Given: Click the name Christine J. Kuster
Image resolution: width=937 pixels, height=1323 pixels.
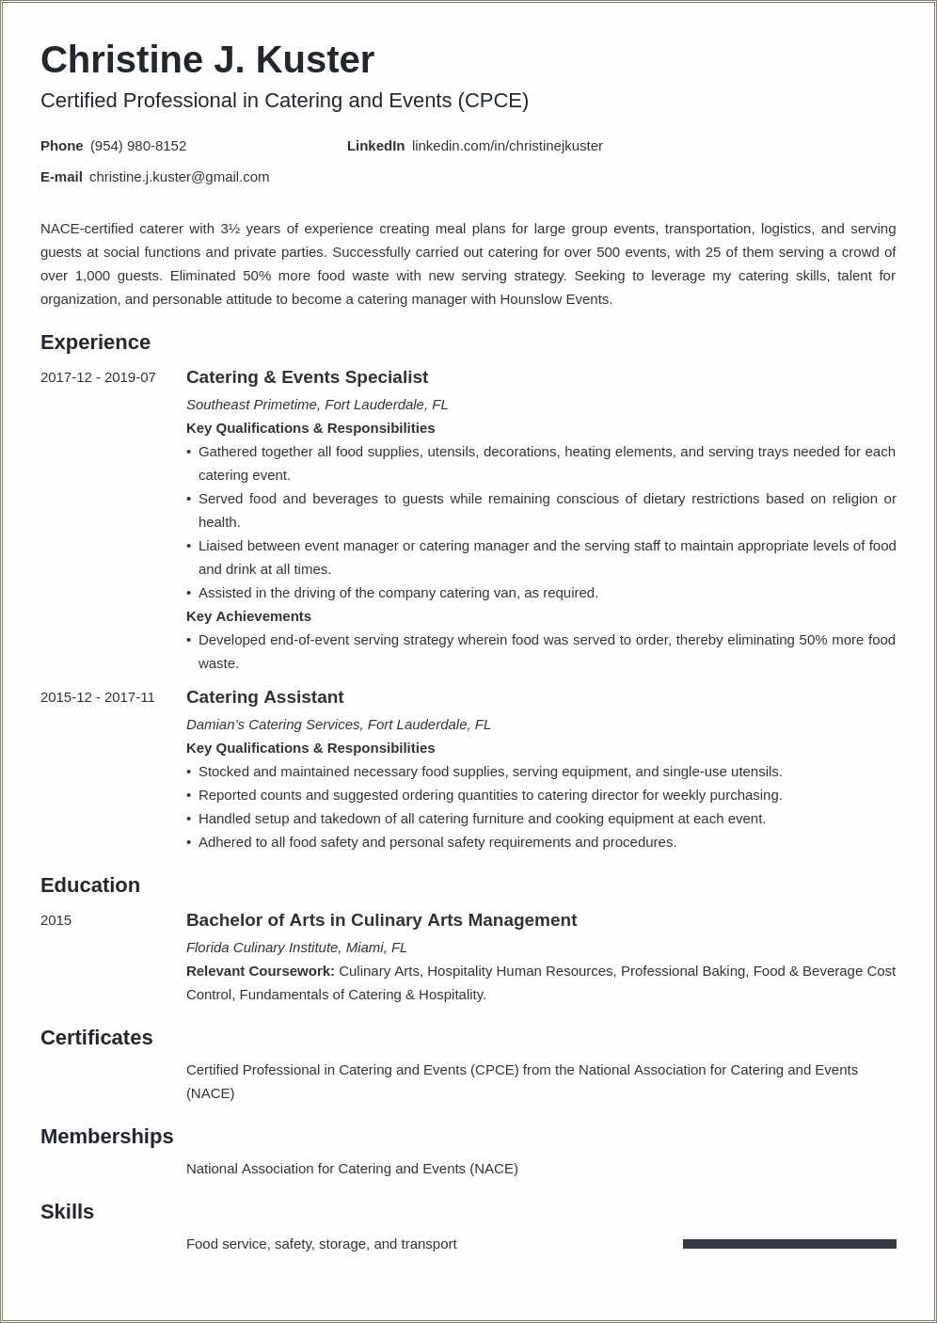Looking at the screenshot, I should [x=207, y=60].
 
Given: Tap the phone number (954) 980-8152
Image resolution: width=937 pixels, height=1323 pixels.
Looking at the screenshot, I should [x=138, y=146].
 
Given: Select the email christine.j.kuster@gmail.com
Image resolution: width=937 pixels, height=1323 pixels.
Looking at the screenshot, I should [x=179, y=177].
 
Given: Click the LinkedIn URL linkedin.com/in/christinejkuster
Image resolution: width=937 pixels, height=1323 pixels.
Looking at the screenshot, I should [x=507, y=146].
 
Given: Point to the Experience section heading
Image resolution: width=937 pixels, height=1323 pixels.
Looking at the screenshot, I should [x=95, y=343].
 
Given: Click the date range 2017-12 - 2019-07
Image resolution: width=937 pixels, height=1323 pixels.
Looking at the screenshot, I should [x=98, y=377].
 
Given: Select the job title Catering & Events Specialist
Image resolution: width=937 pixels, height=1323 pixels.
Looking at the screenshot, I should [x=307, y=377].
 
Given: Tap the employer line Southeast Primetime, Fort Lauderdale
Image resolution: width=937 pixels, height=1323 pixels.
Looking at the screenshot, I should [x=317, y=405].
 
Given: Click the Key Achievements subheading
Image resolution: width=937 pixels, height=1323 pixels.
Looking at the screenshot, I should [x=248, y=616].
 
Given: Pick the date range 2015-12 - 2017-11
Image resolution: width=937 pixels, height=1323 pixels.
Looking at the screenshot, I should [x=98, y=697].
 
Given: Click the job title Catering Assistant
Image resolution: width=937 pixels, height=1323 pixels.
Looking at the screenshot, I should [x=264, y=697].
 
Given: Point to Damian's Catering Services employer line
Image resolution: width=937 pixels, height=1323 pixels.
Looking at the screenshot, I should [x=339, y=725].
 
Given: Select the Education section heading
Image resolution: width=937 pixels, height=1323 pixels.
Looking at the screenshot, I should [x=90, y=885].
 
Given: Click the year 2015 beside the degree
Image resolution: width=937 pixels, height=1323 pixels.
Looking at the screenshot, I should [x=56, y=920].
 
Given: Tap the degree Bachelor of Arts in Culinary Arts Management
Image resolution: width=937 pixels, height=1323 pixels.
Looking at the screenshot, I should [x=381, y=920].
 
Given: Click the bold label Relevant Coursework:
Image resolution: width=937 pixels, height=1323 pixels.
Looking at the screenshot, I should [x=261, y=971].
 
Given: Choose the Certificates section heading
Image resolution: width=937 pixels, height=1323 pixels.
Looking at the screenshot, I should [x=96, y=1038].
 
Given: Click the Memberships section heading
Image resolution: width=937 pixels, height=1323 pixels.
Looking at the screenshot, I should [x=106, y=1137].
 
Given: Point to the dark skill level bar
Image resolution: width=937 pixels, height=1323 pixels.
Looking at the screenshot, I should [x=789, y=1244].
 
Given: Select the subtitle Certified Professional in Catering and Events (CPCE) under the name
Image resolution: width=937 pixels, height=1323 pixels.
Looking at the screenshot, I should [x=284, y=101].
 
